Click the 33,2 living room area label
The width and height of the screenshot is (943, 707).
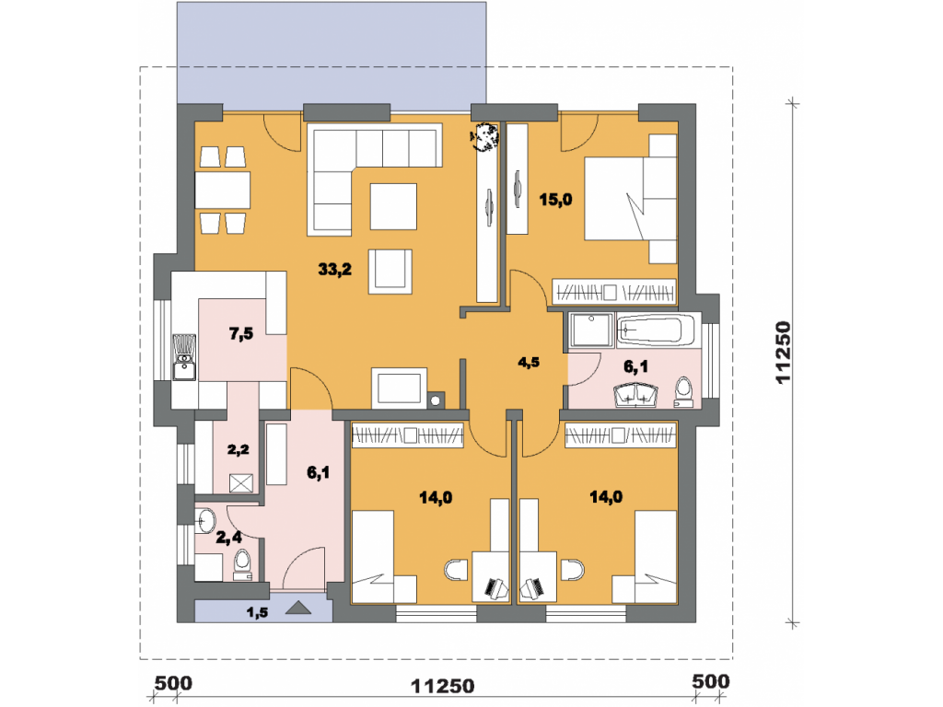pyautogui.click(x=335, y=270)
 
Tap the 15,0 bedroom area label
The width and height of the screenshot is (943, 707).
pyautogui.click(x=555, y=200)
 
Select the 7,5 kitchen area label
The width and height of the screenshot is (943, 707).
pyautogui.click(x=241, y=333)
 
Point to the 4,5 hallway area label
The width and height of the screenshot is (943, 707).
pyautogui.click(x=528, y=363)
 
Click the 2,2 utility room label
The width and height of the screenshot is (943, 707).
pyautogui.click(x=239, y=449)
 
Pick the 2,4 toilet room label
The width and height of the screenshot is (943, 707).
pyautogui.click(x=229, y=538)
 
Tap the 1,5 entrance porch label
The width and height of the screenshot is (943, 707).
pyautogui.click(x=257, y=612)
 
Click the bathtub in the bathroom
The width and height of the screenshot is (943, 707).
pyautogui.click(x=656, y=330)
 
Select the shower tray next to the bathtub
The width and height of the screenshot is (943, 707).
pyautogui.click(x=590, y=330)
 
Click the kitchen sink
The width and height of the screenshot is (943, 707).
pyautogui.click(x=184, y=357)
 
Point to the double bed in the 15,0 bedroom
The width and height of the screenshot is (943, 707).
pyautogui.click(x=630, y=199)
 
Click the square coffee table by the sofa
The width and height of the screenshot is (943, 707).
pyautogui.click(x=393, y=206)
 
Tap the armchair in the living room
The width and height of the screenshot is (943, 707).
pyautogui.click(x=390, y=272)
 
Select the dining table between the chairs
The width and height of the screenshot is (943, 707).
pyautogui.click(x=223, y=190)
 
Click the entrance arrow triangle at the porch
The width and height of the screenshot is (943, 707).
pyautogui.click(x=297, y=608)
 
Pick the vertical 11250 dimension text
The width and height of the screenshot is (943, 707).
pyautogui.click(x=782, y=353)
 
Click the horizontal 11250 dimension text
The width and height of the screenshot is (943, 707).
pyautogui.click(x=443, y=686)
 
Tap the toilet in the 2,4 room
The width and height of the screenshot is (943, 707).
pyautogui.click(x=242, y=565)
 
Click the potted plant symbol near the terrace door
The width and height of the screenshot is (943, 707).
pyautogui.click(x=484, y=138)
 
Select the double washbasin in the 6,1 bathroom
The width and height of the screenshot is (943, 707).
pyautogui.click(x=635, y=396)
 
